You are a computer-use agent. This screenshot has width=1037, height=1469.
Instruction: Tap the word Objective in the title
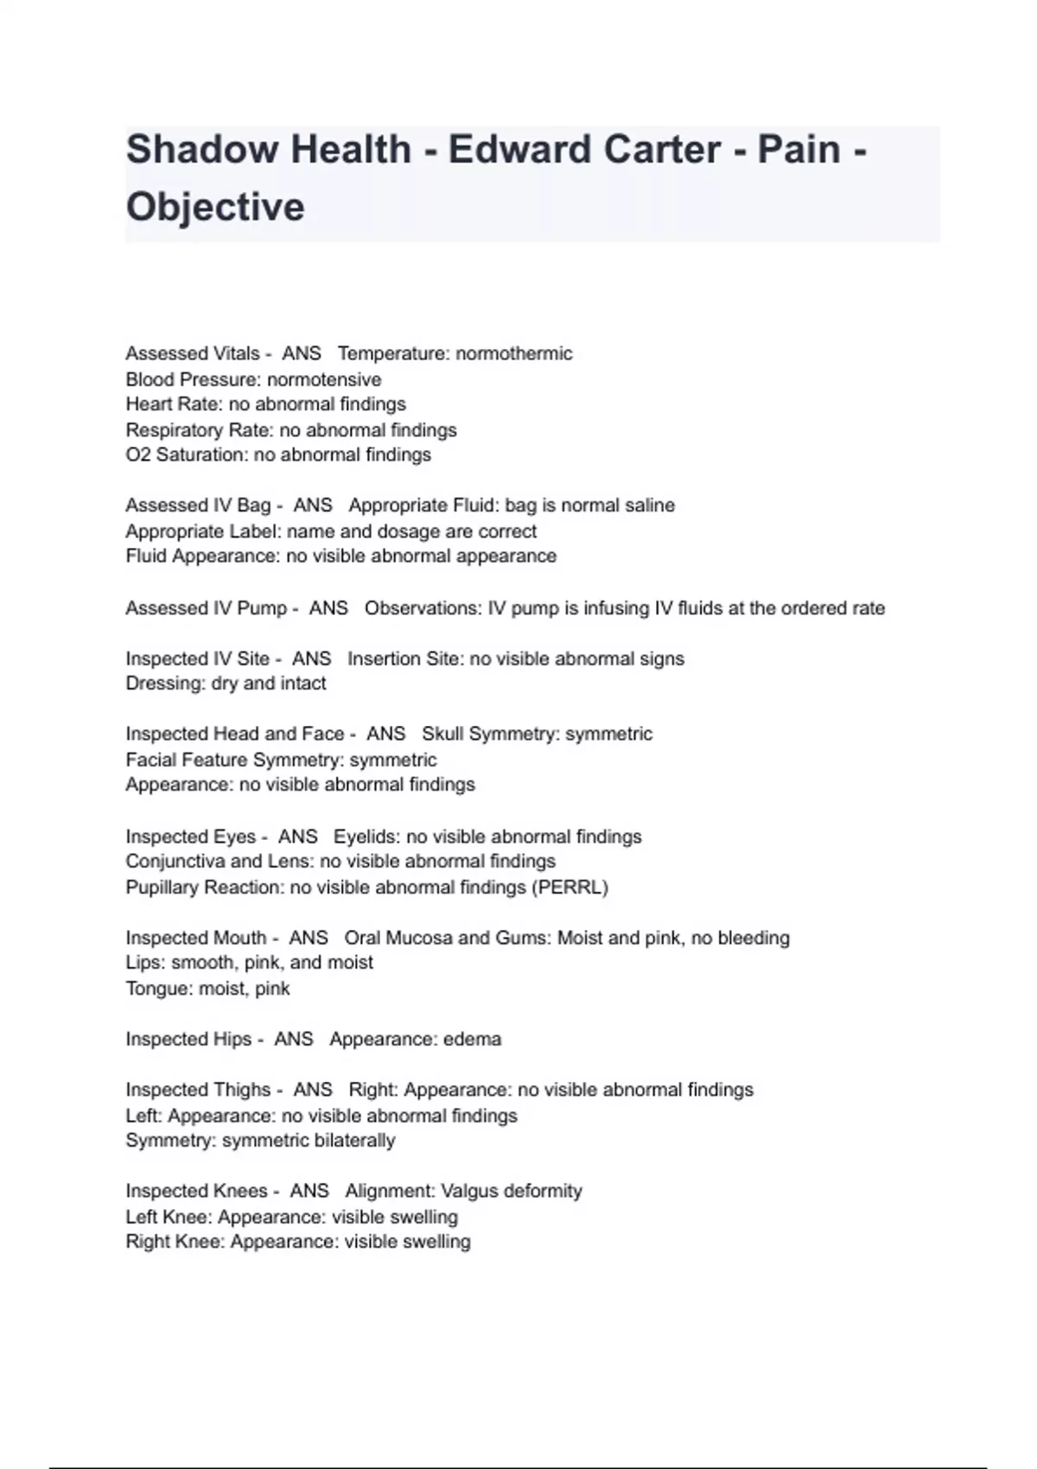[215, 207]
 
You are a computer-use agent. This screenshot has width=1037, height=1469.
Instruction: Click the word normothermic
[514, 353]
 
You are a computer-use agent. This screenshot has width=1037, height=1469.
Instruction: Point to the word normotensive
[324, 379]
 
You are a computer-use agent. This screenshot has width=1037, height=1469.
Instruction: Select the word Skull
[445, 734]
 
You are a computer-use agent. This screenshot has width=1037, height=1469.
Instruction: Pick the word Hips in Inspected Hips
[230, 1039]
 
